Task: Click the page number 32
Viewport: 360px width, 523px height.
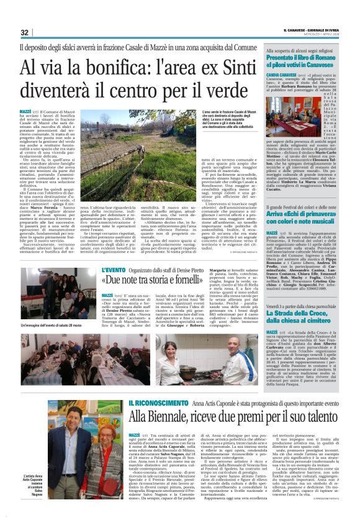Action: (x=24, y=32)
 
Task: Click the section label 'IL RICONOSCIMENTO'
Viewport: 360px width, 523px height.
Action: (x=155, y=404)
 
